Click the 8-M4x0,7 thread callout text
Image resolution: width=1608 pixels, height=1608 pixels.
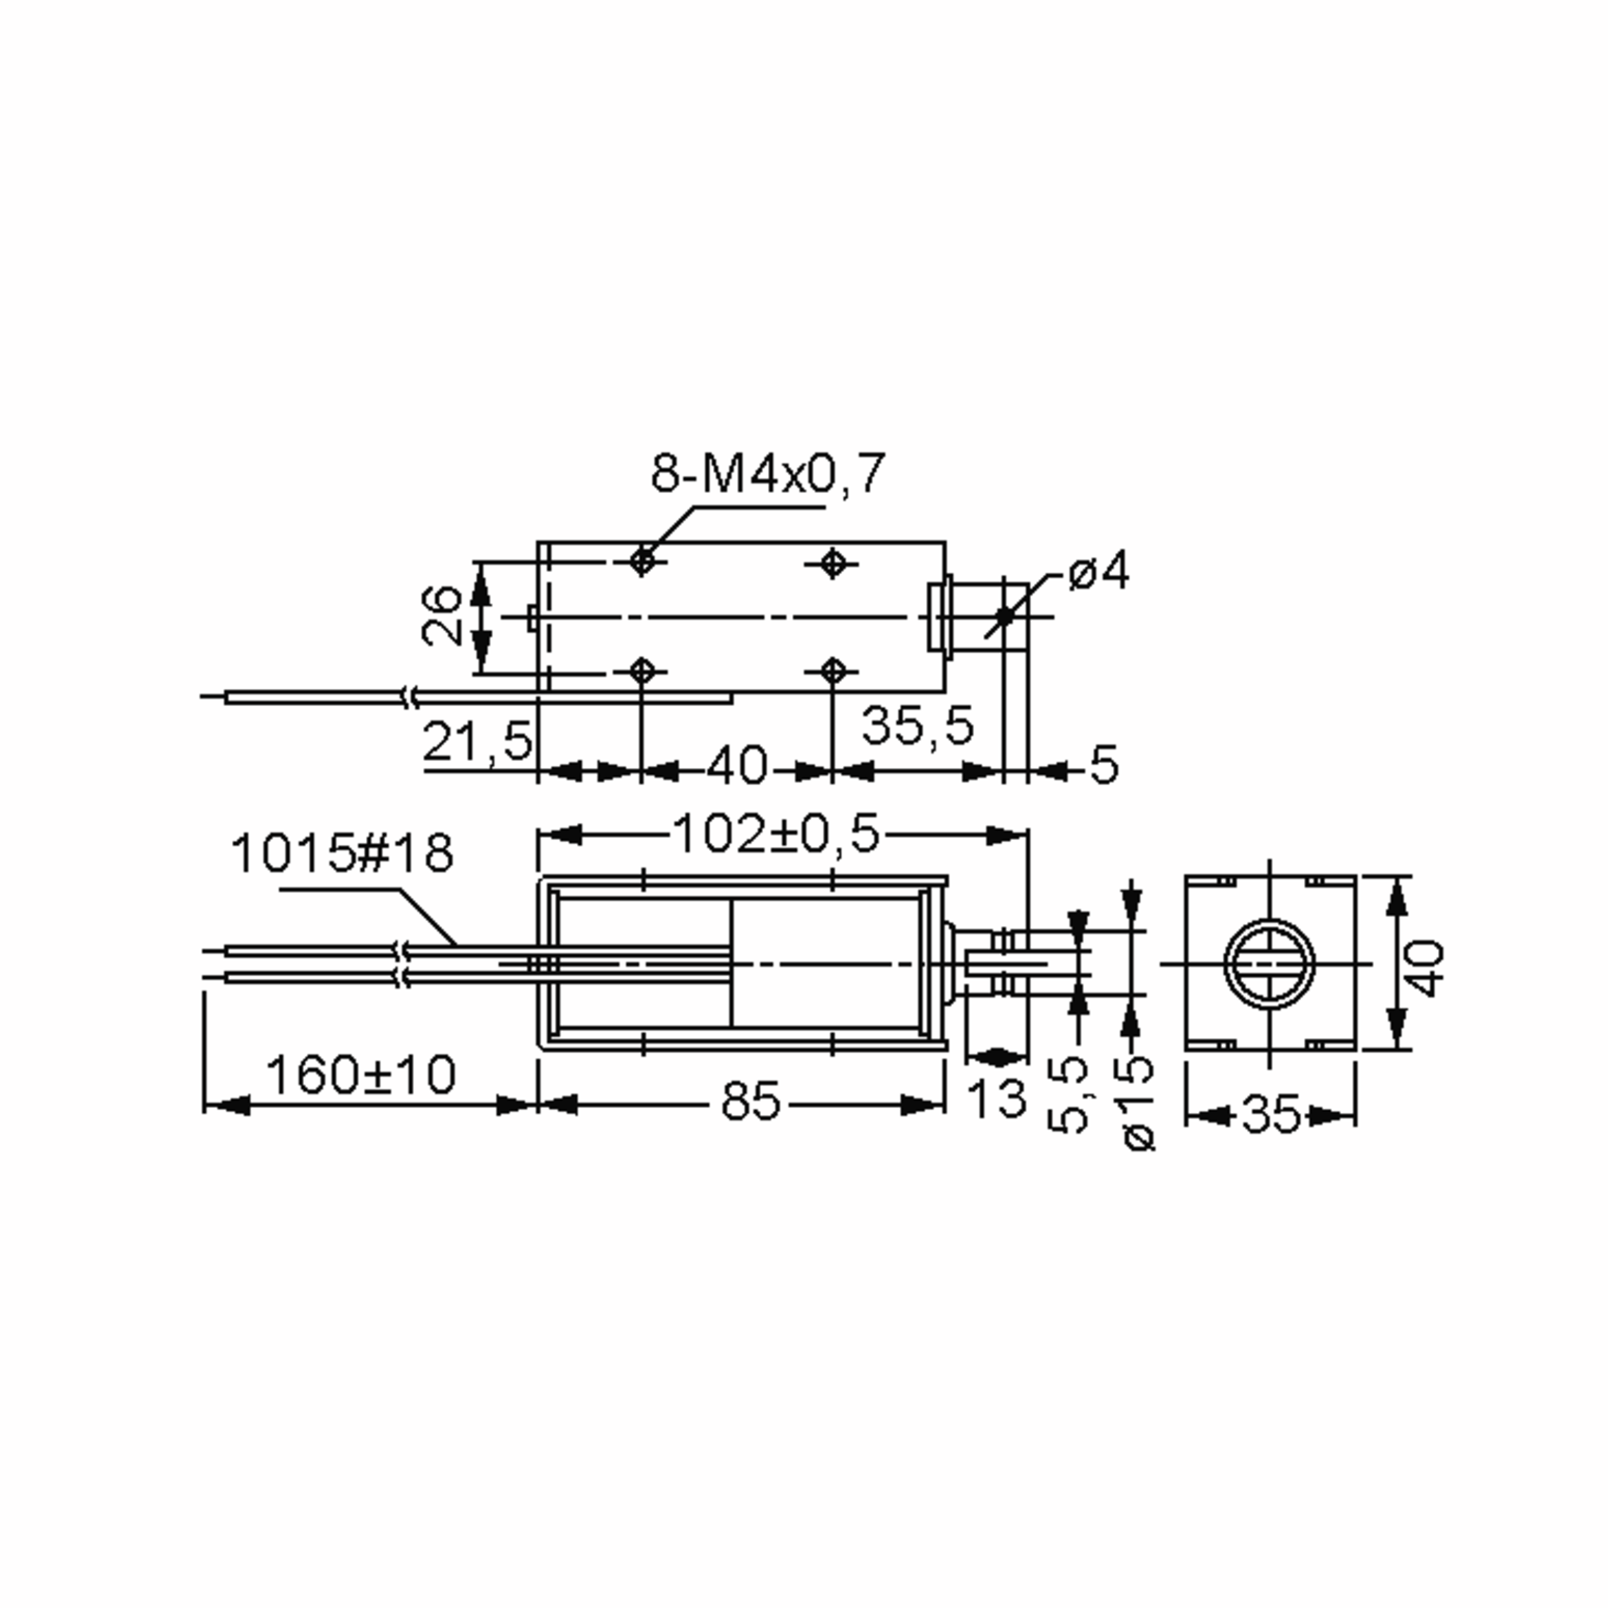(766, 474)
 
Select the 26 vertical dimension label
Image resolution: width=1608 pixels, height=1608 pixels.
(441, 616)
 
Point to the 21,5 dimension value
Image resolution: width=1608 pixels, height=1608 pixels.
(476, 741)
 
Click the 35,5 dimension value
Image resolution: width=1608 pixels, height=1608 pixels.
(917, 725)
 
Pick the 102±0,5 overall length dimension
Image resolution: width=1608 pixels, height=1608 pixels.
(775, 835)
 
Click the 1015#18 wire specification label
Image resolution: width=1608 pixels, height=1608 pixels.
(342, 854)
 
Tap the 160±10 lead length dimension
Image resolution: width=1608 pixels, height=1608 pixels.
(360, 1075)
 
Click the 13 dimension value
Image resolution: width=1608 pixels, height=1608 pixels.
(998, 1099)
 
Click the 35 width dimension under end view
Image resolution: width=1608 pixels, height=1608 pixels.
(1270, 1114)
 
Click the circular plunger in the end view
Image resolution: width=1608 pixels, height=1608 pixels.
(1269, 965)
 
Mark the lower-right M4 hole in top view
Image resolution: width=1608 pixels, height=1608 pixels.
(832, 670)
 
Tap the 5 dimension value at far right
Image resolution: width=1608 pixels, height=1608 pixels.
(1103, 764)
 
